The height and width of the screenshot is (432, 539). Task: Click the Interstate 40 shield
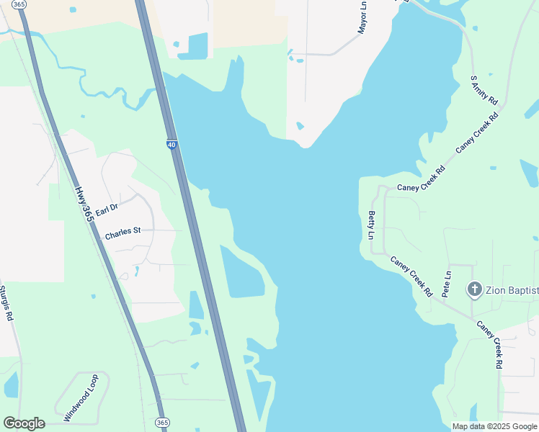pos(171,145)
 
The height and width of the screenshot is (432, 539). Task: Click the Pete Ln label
pos(447,284)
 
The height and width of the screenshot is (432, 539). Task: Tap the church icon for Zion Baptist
pos(474,290)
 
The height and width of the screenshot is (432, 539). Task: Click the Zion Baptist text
pos(512,290)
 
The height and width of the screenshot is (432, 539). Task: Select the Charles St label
pos(122,233)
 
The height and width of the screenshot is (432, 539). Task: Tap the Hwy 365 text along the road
pos(84,204)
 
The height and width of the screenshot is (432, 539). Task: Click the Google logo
pos(24,423)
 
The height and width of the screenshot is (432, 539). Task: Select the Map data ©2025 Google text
pos(494,426)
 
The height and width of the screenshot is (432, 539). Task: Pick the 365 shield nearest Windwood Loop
pos(162,422)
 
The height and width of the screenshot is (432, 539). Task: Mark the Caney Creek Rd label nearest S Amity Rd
pos(477,134)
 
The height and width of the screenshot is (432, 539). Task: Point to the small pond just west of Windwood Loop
pos(11,385)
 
